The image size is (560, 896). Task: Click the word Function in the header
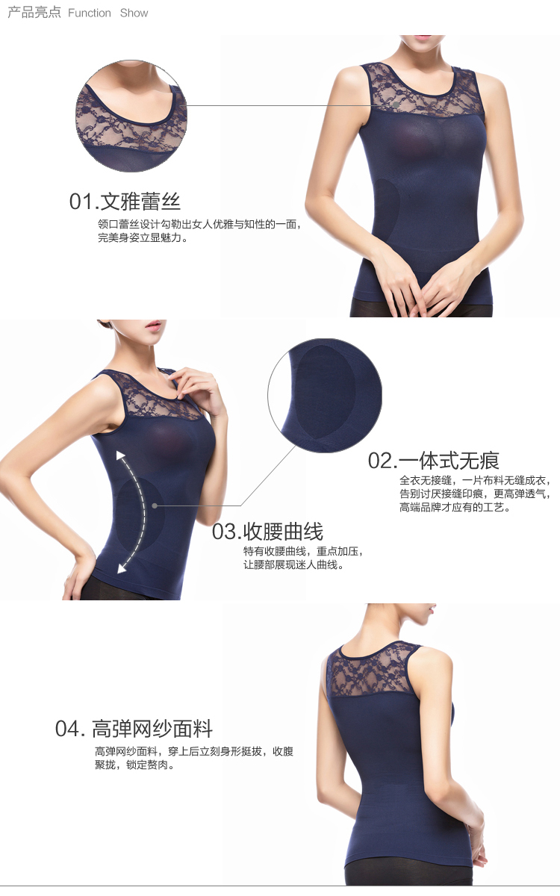pyautogui.click(x=89, y=13)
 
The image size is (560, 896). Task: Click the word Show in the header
pyautogui.click(x=134, y=13)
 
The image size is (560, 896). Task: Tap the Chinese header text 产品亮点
pyautogui.click(x=34, y=13)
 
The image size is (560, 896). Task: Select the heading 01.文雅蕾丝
pyautogui.click(x=125, y=202)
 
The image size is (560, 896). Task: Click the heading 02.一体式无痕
pyautogui.click(x=434, y=461)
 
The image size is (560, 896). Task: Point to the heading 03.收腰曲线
pyautogui.click(x=267, y=532)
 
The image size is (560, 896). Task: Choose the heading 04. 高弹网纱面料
pyautogui.click(x=134, y=729)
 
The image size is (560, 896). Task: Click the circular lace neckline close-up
pyautogui.click(x=131, y=116)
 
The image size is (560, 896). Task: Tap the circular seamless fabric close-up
pyautogui.click(x=325, y=396)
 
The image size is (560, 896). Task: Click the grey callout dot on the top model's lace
pyautogui.click(x=396, y=105)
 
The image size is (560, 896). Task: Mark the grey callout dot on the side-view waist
pyautogui.click(x=155, y=505)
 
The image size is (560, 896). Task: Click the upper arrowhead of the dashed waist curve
pyautogui.click(x=120, y=455)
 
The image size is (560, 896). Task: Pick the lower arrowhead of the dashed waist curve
pyautogui.click(x=122, y=568)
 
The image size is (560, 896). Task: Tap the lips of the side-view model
pyautogui.click(x=153, y=327)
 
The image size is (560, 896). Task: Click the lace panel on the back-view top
pyautogui.click(x=374, y=669)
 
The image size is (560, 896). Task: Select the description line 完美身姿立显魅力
pyautogui.click(x=143, y=237)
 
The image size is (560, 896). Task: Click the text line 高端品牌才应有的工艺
pyautogui.click(x=455, y=508)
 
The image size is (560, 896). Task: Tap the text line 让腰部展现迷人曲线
pyautogui.click(x=293, y=565)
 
